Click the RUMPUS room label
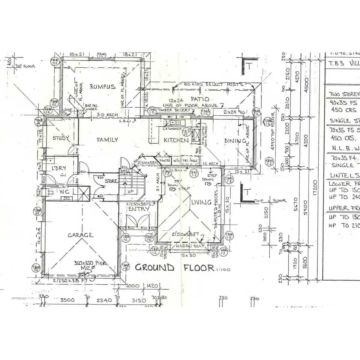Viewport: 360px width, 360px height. pyautogui.click(x=103, y=87)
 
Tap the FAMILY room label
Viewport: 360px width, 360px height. pyautogui.click(x=107, y=139)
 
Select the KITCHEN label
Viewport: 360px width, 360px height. pyautogui.click(x=176, y=140)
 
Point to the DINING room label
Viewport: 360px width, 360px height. pyautogui.click(x=235, y=141)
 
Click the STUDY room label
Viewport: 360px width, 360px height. pyautogui.click(x=61, y=138)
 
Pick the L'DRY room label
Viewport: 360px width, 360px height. pyautogui.click(x=58, y=168)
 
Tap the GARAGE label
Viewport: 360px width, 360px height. pyautogui.click(x=80, y=235)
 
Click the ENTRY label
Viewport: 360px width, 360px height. pyautogui.click(x=139, y=208)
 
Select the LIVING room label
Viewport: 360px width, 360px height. pyautogui.click(x=201, y=202)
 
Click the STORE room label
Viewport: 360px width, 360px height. pyautogui.click(x=110, y=181)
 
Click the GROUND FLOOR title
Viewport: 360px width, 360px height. pyautogui.click(x=174, y=268)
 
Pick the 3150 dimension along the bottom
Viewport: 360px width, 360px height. pyautogui.click(x=139, y=300)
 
